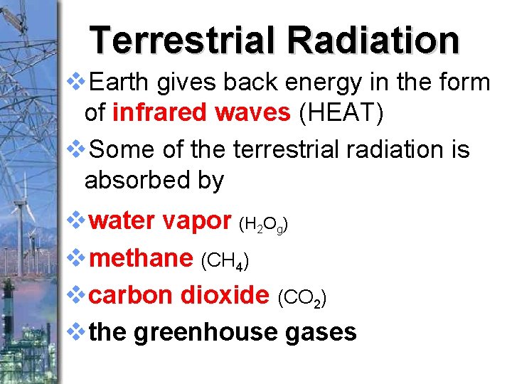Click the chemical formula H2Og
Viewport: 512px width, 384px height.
tap(263, 225)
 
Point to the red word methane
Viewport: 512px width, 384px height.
tap(143, 258)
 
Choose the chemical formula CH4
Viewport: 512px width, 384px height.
tap(225, 261)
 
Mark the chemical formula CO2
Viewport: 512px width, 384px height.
tap(302, 297)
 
